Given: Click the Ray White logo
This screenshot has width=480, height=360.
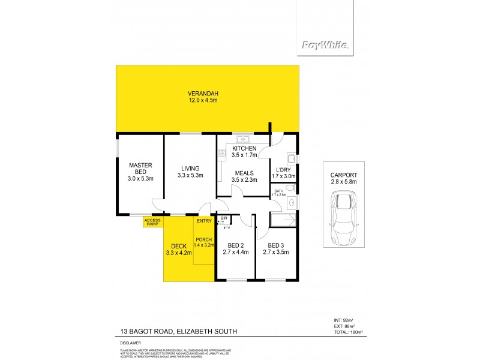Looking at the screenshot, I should (325, 44).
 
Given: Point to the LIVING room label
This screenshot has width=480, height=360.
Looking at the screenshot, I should (190, 168).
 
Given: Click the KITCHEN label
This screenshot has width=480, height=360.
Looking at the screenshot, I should (244, 148).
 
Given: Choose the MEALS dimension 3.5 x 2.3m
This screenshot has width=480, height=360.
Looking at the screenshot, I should (244, 179).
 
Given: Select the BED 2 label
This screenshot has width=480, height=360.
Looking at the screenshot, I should (236, 245).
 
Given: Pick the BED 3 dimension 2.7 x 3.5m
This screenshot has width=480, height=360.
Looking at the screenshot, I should (276, 252).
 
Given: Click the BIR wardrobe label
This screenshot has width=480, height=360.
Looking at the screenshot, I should (224, 219).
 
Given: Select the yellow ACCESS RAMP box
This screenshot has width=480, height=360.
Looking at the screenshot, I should (152, 221).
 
